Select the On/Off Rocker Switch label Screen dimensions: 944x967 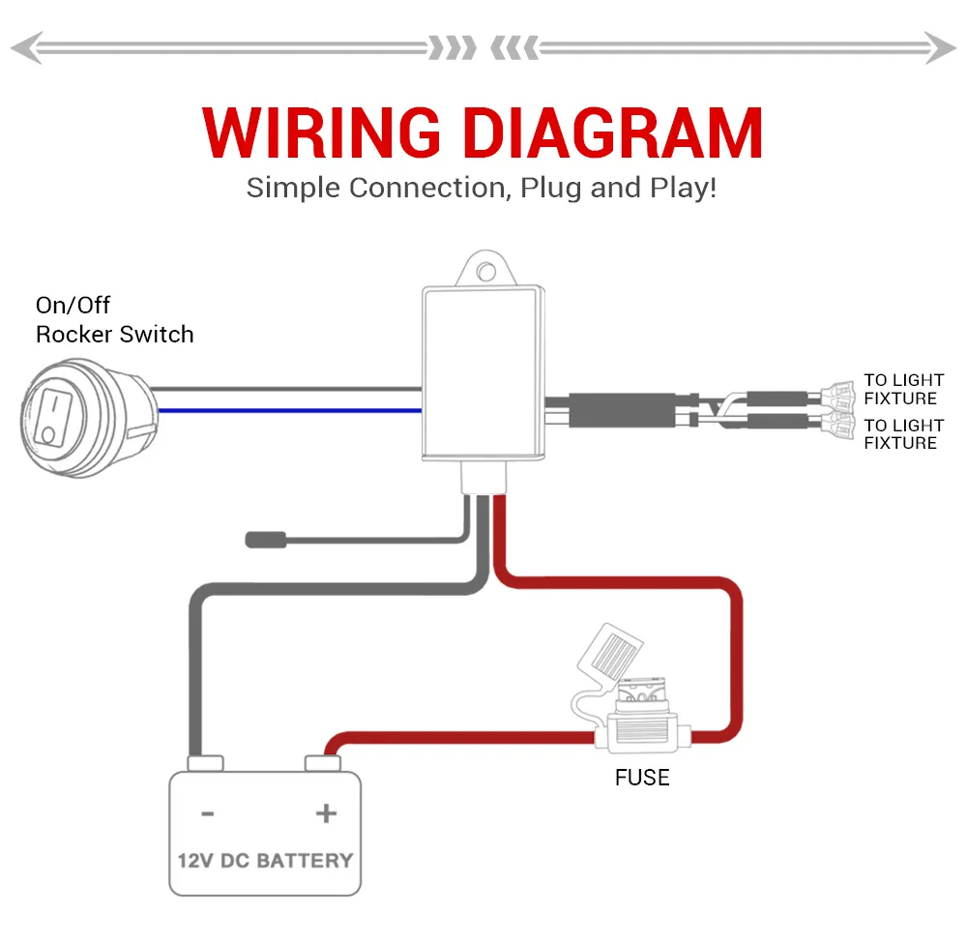coord(114,320)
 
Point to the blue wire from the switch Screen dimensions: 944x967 coord(290,411)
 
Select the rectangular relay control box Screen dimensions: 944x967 coord(482,372)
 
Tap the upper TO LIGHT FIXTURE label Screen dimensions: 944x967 coord(903,389)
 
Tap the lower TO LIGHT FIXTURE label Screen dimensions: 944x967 coord(903,434)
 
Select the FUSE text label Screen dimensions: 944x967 coord(642,778)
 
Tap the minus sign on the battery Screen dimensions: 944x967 coord(207,813)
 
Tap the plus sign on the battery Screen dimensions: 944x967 coord(326,813)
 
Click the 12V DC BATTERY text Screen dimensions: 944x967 coord(265,859)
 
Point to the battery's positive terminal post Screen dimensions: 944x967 coord(324,764)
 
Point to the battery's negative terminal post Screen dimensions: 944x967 coord(205,764)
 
